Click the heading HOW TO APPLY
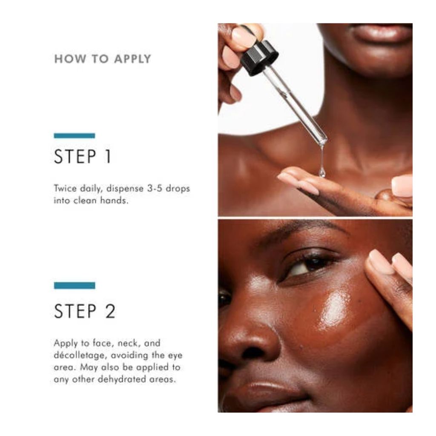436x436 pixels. (103, 59)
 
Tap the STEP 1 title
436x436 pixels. (83, 157)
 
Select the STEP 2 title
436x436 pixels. (85, 311)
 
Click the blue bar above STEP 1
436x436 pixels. (75, 136)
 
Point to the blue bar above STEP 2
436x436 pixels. (75, 286)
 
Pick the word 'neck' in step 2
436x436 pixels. (128, 344)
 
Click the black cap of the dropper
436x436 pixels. (259, 58)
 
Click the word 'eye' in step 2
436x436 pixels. (175, 356)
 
